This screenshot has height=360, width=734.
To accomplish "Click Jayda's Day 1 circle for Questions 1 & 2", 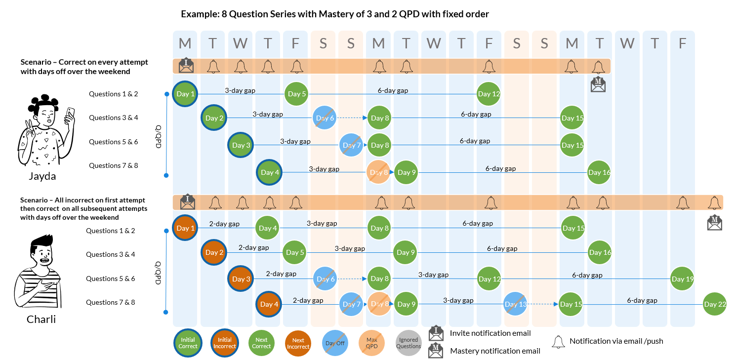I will [185, 94].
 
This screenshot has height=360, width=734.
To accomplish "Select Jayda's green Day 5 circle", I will [297, 94].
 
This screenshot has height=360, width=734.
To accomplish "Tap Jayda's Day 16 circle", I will [599, 172].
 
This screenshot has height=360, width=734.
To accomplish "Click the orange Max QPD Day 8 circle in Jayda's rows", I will [379, 172].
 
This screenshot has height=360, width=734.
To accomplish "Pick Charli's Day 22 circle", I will [715, 304].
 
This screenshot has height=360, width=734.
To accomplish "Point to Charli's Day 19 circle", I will [682, 279].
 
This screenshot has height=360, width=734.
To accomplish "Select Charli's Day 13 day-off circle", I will [516, 304].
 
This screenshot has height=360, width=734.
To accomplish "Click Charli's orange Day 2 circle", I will [214, 252].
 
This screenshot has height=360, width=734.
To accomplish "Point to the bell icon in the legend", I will [558, 342].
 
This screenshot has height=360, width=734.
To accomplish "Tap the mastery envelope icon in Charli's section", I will [714, 223].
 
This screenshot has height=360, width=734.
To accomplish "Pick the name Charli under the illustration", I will [41, 320].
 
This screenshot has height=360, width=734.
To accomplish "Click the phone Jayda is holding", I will [70, 115].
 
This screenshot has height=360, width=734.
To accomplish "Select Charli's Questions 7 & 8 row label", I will [110, 302].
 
